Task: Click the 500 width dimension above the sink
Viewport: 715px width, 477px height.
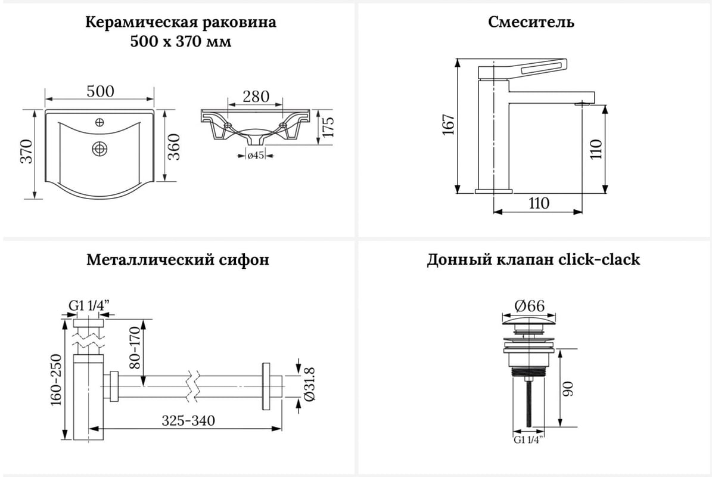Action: [x=100, y=92]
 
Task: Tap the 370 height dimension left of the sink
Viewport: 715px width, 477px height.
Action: [x=26, y=153]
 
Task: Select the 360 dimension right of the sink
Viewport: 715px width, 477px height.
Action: [x=174, y=147]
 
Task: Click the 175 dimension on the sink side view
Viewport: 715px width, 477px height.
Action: [x=328, y=127]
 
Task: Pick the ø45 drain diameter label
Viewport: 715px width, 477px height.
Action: [x=256, y=156]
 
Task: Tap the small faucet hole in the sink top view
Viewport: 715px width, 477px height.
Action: [x=100, y=123]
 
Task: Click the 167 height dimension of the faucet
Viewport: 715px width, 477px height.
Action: [x=448, y=125]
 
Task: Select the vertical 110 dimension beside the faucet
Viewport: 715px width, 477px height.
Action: [x=598, y=148]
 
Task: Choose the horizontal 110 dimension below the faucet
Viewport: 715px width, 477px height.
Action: [x=538, y=203]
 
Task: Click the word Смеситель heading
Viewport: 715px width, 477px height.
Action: [x=531, y=23]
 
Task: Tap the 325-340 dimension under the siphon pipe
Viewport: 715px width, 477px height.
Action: [x=188, y=421]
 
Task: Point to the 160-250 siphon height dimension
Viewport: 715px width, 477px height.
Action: [x=57, y=380]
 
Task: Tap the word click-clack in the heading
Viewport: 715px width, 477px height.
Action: [x=599, y=260]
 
